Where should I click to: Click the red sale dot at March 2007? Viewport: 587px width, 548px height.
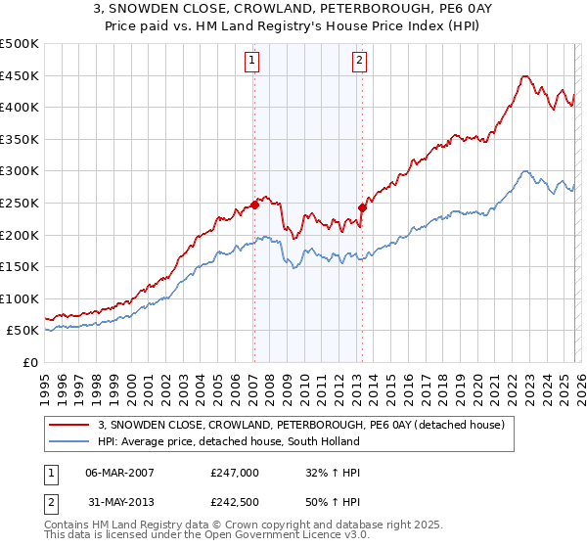tap(254, 205)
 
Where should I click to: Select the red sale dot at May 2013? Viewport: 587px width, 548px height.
tap(362, 207)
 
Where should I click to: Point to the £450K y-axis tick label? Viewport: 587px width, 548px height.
tap(20, 75)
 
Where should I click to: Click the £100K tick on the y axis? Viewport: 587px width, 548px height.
tap(20, 298)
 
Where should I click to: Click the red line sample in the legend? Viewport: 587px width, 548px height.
tap(69, 425)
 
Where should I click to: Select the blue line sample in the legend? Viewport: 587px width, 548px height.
tap(69, 441)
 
